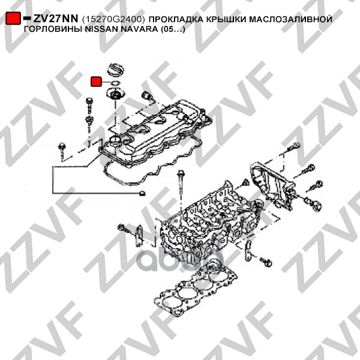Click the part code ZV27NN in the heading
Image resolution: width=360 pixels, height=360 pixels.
point(56,19)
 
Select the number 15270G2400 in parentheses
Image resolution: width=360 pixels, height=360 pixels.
point(113,20)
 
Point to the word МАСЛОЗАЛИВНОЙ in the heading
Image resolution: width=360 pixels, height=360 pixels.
point(290,19)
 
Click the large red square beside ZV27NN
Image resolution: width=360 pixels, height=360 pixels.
point(13,18)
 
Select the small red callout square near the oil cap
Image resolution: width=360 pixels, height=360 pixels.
point(96,81)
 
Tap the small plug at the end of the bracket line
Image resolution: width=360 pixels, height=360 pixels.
point(142,193)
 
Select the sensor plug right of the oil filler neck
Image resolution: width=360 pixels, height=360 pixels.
point(147,95)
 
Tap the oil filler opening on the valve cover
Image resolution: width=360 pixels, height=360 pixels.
point(115,140)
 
